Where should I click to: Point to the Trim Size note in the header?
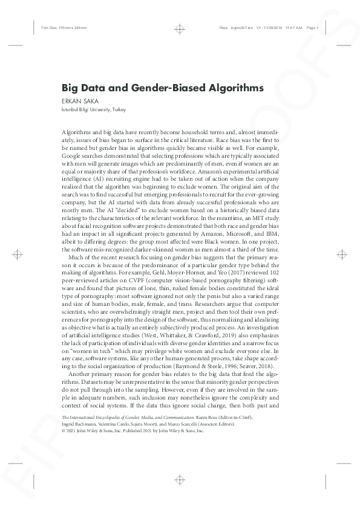55,27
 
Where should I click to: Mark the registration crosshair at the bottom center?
180,481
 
